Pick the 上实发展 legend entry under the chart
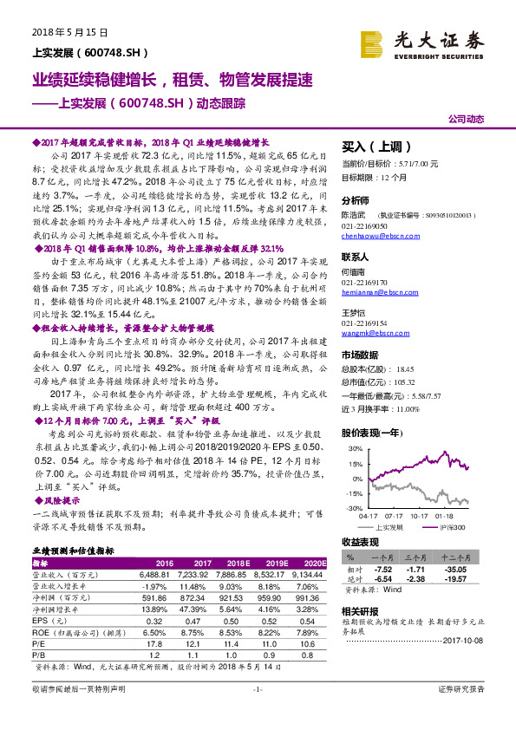(388, 526)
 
